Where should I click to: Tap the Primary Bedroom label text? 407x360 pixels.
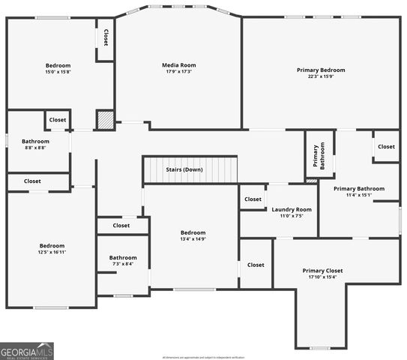[x=320, y=70]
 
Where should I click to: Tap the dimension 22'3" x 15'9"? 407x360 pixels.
[x=320, y=76]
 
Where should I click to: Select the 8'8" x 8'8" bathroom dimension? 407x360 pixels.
[x=35, y=148]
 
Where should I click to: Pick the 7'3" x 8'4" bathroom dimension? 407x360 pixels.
[x=123, y=264]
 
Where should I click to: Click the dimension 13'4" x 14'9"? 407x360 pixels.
[x=193, y=239]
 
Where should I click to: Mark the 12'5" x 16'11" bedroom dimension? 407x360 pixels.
[x=52, y=252]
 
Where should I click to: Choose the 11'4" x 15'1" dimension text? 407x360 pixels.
[x=359, y=195]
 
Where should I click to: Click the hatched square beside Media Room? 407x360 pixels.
[x=105, y=120]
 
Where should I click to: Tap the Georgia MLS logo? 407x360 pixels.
[x=27, y=351]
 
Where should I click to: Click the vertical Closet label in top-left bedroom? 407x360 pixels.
[x=106, y=37]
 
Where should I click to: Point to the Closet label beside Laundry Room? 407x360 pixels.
[x=253, y=199]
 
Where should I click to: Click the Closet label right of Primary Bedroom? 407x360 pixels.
[x=386, y=146]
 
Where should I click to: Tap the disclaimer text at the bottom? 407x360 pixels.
[x=203, y=357]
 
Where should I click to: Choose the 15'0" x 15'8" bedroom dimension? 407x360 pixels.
[x=58, y=72]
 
